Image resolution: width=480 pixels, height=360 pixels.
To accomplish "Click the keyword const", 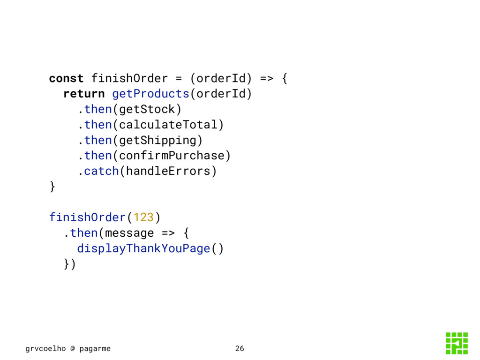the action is tap(66, 78).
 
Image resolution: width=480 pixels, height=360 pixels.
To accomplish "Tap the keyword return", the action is tap(84, 93).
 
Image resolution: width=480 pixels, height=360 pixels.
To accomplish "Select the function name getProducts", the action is tap(150, 93).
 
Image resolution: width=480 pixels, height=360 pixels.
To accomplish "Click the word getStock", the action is tap(147, 109).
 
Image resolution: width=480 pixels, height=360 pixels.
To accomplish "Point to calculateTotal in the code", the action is tap(168, 125).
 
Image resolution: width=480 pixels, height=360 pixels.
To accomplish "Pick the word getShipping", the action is tap(157, 140).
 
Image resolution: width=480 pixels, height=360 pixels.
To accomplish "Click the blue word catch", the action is tap(101, 171).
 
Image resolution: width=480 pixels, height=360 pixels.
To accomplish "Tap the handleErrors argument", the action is tap(168, 171).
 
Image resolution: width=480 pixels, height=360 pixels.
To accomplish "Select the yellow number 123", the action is tap(143, 217).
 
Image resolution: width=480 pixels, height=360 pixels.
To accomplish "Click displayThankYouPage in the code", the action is tap(143, 248).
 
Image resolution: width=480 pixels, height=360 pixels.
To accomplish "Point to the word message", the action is tap(129, 232).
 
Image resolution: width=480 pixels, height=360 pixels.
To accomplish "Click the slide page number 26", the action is tap(240, 348).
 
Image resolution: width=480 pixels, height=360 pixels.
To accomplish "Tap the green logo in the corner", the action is tap(457, 343).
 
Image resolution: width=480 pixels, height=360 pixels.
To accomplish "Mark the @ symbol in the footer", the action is tap(73, 348).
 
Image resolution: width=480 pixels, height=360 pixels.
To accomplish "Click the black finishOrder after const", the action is tap(129, 78).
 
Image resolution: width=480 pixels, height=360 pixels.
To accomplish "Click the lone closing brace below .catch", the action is tap(52, 187).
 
